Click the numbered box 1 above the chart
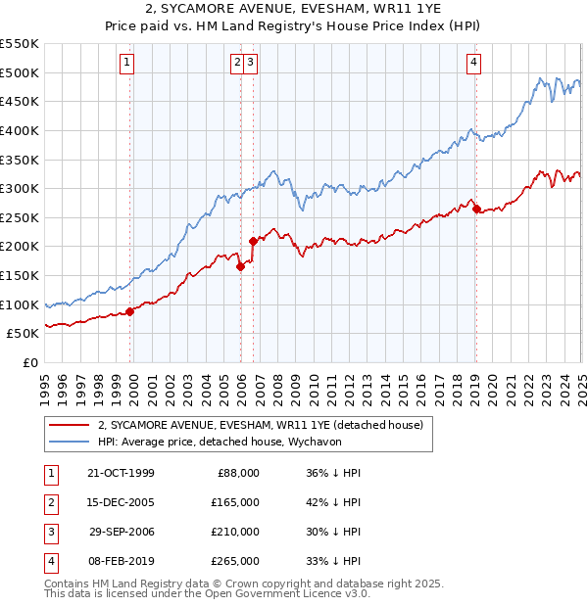[128, 63]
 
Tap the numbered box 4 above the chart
[473, 63]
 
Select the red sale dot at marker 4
[476, 209]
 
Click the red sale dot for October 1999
[130, 311]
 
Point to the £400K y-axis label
[20, 130]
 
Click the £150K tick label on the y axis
[20, 276]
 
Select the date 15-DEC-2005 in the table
[121, 502]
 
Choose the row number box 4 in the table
[49, 561]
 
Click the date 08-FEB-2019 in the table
[121, 561]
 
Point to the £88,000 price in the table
[237, 473]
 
